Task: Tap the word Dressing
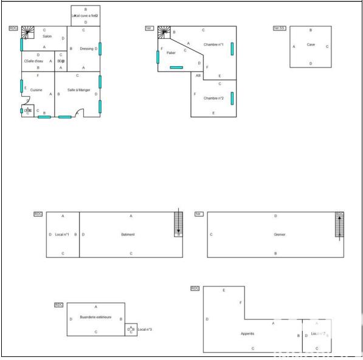tap(87, 49)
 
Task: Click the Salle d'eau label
tap(34, 61)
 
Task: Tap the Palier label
tap(171, 53)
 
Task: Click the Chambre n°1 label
tap(213, 44)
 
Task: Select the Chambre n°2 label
tap(213, 98)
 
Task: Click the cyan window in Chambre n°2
tap(232, 98)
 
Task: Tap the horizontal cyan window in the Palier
tap(176, 67)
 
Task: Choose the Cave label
tap(311, 44)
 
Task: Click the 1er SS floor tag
tap(279, 28)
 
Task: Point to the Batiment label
tap(128, 234)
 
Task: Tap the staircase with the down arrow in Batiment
tap(178, 223)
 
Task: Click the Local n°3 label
tap(145, 329)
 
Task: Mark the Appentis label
tap(247, 333)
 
